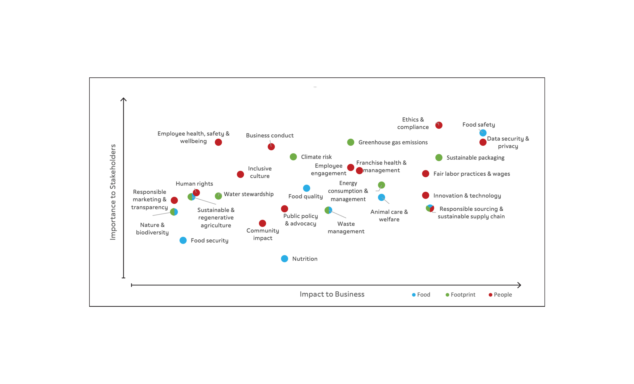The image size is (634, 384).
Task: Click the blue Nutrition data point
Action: pos(284,259)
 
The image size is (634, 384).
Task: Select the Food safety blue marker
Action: pos(483,133)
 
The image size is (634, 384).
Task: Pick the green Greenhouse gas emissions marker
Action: pos(351,142)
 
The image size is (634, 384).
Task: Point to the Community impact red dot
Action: pos(262,223)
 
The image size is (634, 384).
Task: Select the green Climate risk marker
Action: pos(293,157)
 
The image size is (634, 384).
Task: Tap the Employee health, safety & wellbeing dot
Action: pos(218,142)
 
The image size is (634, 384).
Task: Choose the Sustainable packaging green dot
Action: pos(439,157)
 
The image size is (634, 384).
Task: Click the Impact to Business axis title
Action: pos(332,294)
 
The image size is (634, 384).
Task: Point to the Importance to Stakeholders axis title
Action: pos(113,192)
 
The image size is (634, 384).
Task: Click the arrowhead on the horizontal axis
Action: pos(520,285)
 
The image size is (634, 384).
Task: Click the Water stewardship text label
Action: pos(248,194)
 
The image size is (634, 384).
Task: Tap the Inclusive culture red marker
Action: pos(240,174)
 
